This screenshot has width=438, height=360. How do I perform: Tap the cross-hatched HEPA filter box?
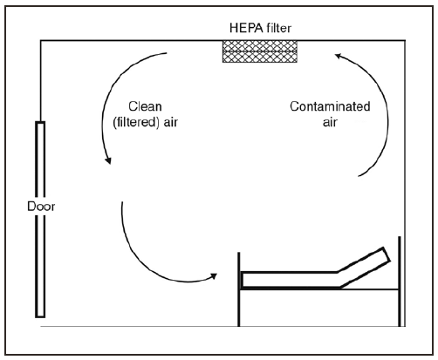(261, 50)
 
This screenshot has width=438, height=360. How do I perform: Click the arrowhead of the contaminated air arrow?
(338, 58)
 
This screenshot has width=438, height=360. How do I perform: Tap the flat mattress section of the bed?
(288, 279)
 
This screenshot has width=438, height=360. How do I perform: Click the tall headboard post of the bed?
(399, 279)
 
